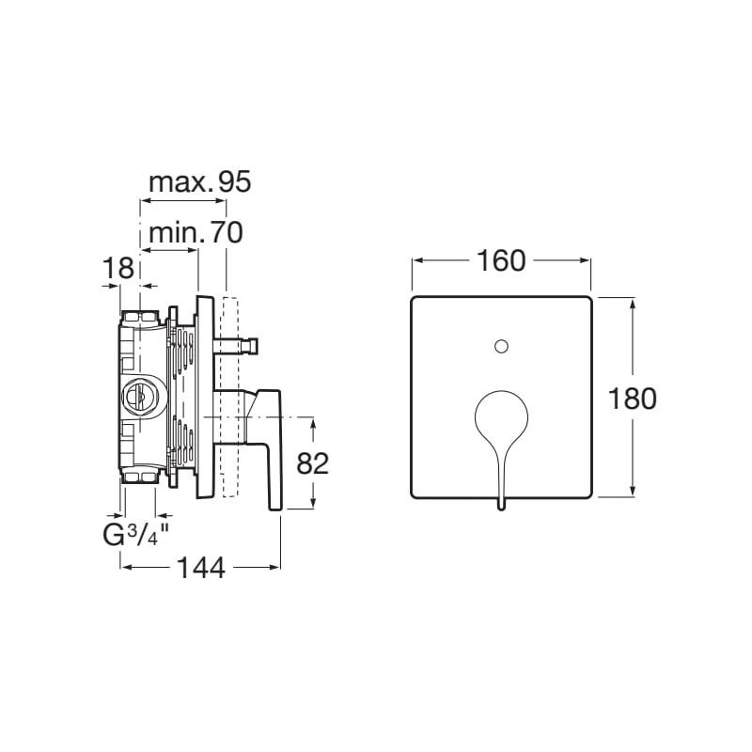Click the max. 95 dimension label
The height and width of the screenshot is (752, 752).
click(x=200, y=182)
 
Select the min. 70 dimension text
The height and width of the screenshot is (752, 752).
click(x=196, y=233)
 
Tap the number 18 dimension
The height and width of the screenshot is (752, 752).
click(x=118, y=268)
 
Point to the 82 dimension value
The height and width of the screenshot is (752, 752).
click(x=313, y=463)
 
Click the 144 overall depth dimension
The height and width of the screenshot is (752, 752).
click(x=201, y=568)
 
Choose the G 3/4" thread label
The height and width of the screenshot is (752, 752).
click(x=137, y=535)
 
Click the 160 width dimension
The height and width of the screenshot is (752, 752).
click(x=502, y=261)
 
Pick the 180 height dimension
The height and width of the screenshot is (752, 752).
click(x=632, y=399)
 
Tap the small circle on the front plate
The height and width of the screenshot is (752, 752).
click(x=501, y=346)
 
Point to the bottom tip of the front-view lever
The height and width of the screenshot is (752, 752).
click(x=501, y=509)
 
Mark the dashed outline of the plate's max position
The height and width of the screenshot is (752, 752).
click(x=230, y=397)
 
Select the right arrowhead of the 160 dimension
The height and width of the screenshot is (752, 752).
click(x=584, y=260)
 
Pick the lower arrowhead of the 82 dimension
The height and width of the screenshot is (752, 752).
click(x=313, y=503)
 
